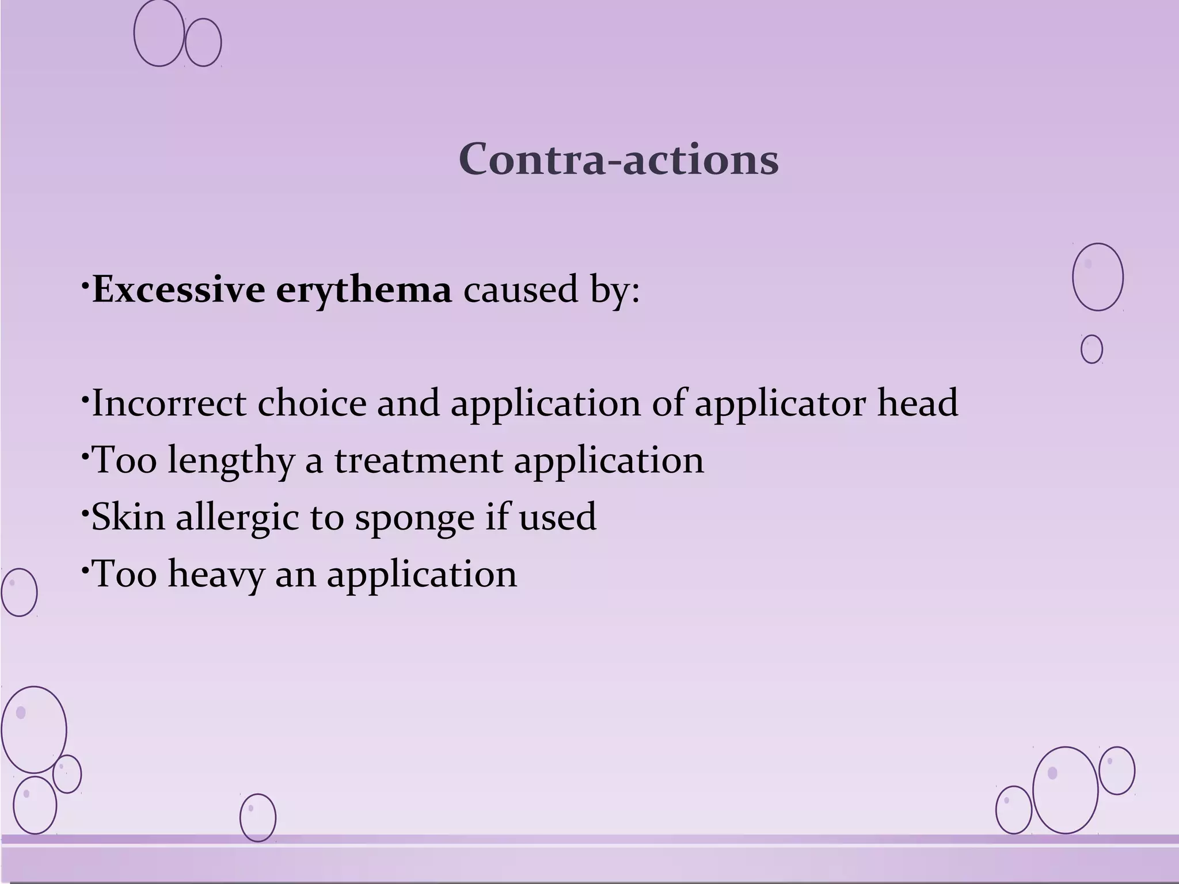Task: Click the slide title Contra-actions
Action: click(619, 159)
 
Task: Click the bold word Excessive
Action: click(178, 289)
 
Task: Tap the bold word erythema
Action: click(364, 289)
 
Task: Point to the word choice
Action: click(311, 403)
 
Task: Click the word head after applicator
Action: click(918, 403)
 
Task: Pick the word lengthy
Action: click(230, 460)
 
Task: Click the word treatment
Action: click(419, 460)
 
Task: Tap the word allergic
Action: click(237, 517)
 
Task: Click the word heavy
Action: click(216, 574)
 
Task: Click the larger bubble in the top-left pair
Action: click(159, 33)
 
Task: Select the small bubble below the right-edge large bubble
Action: click(1091, 349)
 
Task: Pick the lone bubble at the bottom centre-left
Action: click(257, 818)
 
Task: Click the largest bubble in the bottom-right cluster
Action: click(1065, 790)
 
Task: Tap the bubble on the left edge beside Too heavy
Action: click(19, 592)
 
